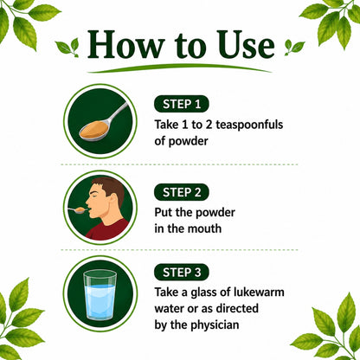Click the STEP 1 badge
click(182, 104)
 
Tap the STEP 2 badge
click(182, 192)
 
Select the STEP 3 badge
click(182, 272)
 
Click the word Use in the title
click(246, 45)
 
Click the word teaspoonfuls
click(249, 125)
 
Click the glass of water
click(100, 295)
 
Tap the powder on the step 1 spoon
click(94, 130)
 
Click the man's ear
click(113, 201)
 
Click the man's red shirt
click(108, 230)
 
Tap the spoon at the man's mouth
click(77, 210)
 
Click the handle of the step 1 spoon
click(118, 112)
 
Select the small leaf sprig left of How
click(68, 48)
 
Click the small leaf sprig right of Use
click(294, 48)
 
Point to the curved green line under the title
click(179, 67)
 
